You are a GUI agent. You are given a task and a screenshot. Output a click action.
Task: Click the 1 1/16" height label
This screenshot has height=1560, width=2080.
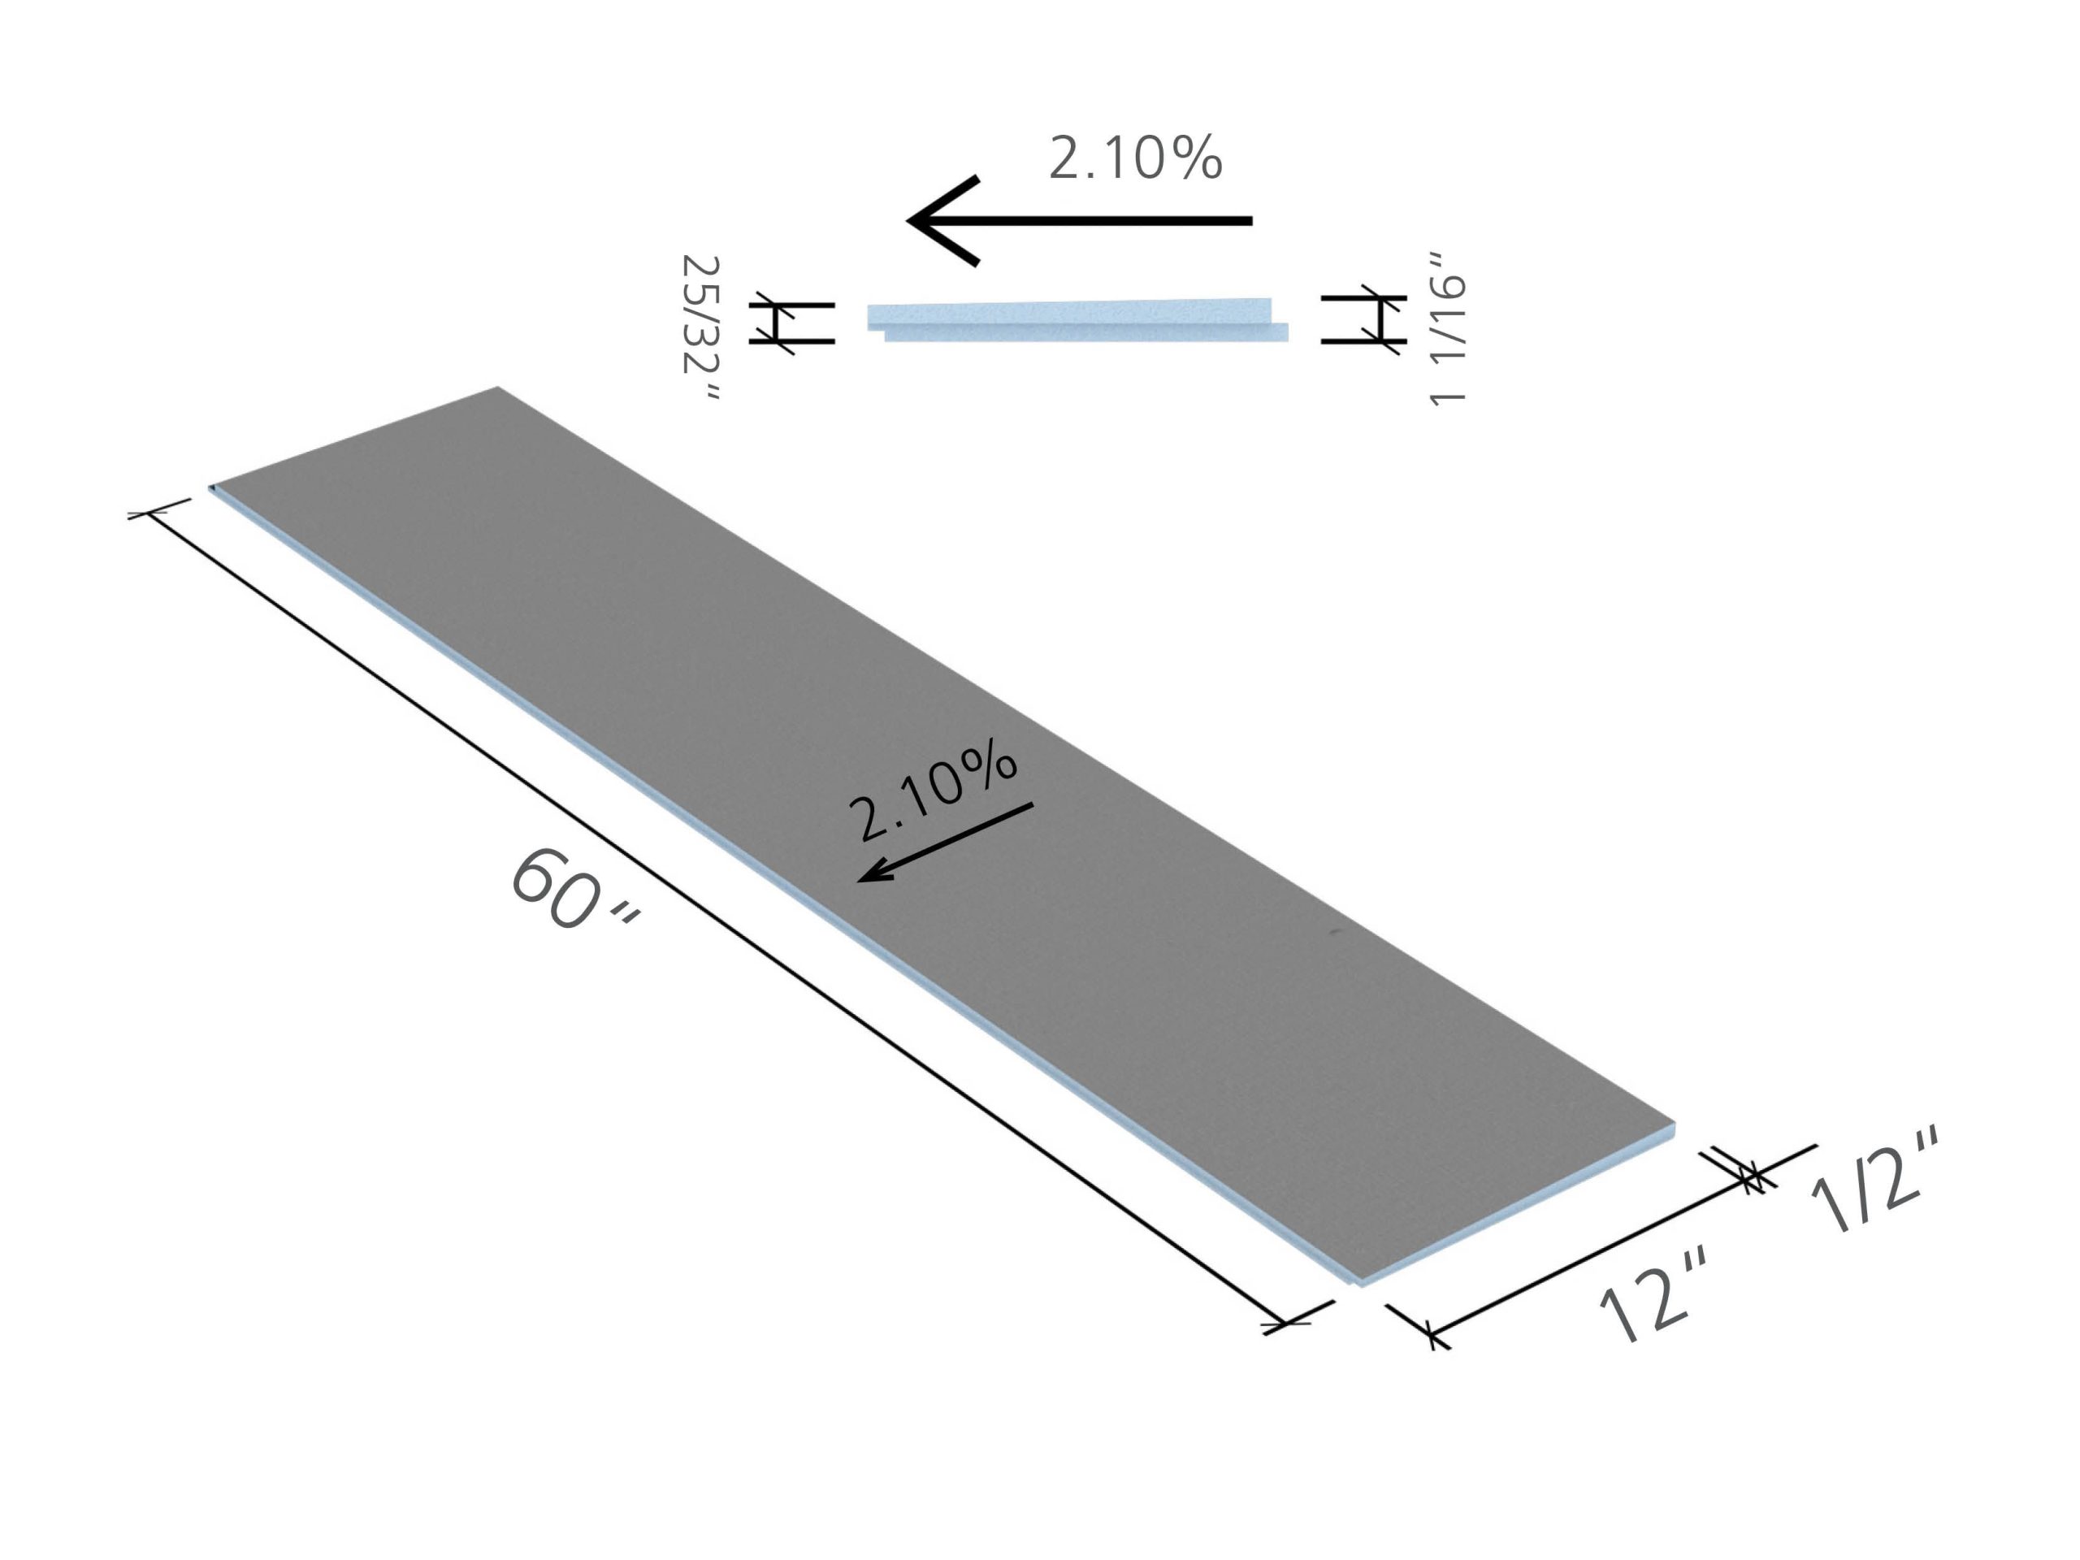pos(1446,328)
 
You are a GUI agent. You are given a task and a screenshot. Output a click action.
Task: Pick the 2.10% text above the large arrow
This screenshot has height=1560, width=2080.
pos(1135,158)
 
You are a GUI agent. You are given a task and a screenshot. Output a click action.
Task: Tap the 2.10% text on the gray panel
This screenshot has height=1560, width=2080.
pos(931,790)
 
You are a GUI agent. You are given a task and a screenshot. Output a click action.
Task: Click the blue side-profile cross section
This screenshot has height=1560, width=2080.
pos(1077,318)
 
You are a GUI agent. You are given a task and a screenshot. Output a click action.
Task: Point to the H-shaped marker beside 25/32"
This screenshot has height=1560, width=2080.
pos(791,323)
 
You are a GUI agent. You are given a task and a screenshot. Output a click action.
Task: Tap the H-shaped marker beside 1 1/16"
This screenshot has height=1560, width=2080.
pos(1363,319)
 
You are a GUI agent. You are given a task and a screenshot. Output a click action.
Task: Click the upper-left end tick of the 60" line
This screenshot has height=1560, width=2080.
pos(149,513)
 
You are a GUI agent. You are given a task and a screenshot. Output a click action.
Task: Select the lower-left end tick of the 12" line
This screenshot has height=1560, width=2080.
pos(1431,1332)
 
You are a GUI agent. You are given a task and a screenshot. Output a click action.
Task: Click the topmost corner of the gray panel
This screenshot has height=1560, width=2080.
pos(497,388)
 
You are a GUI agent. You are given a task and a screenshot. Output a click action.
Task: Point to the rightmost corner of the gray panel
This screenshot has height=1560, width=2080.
pos(1674,1123)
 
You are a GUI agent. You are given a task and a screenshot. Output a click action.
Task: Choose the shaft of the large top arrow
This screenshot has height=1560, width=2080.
pos(1110,221)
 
